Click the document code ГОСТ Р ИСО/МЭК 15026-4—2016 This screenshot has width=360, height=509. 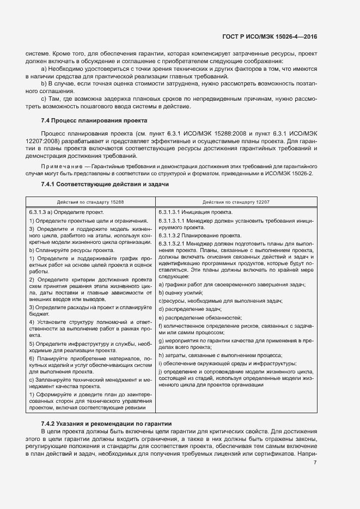pyautogui.click(x=270, y=36)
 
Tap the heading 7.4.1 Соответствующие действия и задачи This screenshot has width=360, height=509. pyautogui.click(x=105, y=185)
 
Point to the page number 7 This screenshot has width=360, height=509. pyautogui.click(x=315, y=463)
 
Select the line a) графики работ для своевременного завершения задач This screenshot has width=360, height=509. pyautogui.click(x=232, y=285)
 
